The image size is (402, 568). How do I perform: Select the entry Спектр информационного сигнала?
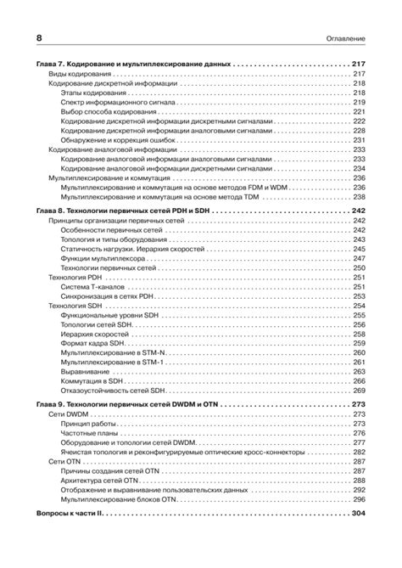pos(118,102)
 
